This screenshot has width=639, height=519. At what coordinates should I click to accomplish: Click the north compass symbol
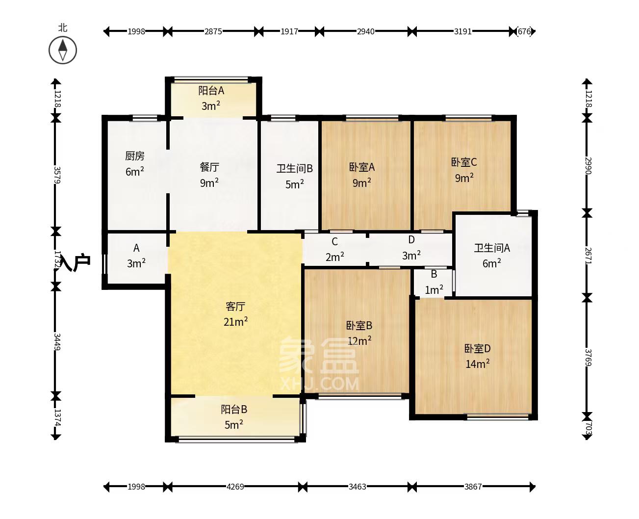click(63, 50)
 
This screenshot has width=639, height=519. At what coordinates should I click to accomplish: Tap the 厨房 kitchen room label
click(135, 156)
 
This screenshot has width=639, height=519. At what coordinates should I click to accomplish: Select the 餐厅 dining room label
click(209, 167)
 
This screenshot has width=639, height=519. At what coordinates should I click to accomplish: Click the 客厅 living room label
click(235, 307)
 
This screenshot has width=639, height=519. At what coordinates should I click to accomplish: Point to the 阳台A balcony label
click(211, 91)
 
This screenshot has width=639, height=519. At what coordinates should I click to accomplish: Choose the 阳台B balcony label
click(234, 409)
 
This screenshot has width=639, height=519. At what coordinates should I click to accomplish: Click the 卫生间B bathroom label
click(294, 169)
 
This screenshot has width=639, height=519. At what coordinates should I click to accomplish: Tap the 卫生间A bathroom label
click(492, 248)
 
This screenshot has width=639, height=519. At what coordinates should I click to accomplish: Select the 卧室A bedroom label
click(362, 167)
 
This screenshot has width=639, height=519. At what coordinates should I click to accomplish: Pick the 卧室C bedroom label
click(464, 162)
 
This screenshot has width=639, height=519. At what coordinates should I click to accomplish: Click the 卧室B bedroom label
click(359, 325)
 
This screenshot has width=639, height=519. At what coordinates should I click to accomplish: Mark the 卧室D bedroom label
click(477, 349)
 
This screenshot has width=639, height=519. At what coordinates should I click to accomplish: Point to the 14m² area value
click(477, 364)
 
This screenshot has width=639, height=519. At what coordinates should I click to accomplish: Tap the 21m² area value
click(235, 322)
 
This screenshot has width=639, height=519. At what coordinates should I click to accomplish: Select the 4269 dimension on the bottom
click(235, 487)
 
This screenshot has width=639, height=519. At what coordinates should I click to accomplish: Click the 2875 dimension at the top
click(213, 31)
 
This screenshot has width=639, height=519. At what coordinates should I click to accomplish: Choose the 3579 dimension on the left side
click(57, 175)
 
